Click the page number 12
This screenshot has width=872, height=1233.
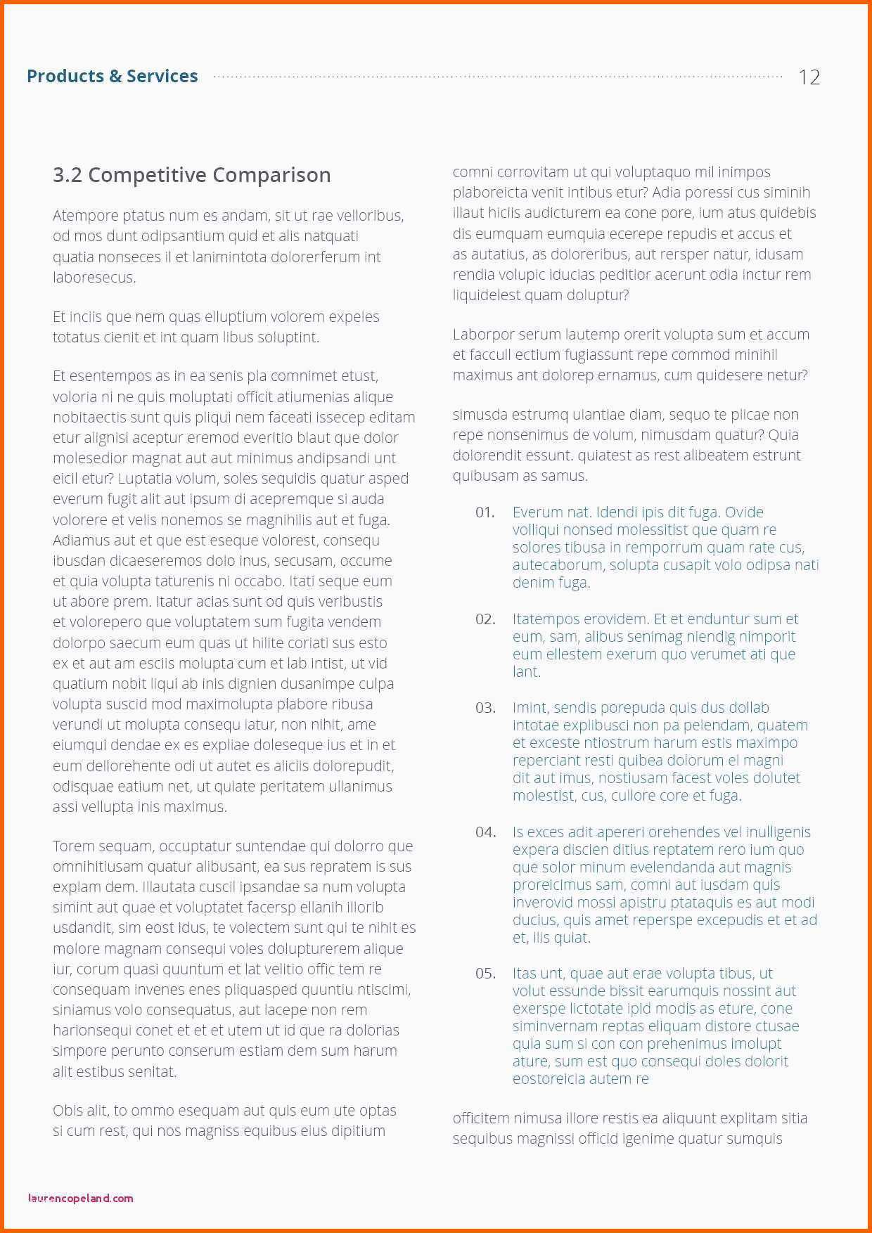click(x=809, y=77)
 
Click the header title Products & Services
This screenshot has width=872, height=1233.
click(x=113, y=76)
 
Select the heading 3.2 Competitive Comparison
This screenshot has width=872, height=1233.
click(x=191, y=175)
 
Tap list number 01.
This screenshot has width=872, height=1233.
click(x=485, y=512)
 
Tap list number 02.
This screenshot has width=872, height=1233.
click(x=485, y=619)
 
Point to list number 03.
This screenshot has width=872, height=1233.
click(x=485, y=708)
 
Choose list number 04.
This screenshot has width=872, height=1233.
click(x=485, y=832)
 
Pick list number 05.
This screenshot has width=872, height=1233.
click(x=485, y=974)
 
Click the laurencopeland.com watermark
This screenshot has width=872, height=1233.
click(x=81, y=1198)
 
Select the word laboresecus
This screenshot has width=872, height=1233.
click(x=94, y=277)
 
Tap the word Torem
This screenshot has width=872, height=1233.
click(x=73, y=846)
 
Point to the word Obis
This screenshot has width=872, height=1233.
click(x=68, y=1111)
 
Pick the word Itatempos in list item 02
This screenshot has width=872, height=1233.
click(x=545, y=619)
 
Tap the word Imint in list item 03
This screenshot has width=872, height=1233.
click(x=530, y=708)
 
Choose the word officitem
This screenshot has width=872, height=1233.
click(x=481, y=1118)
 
